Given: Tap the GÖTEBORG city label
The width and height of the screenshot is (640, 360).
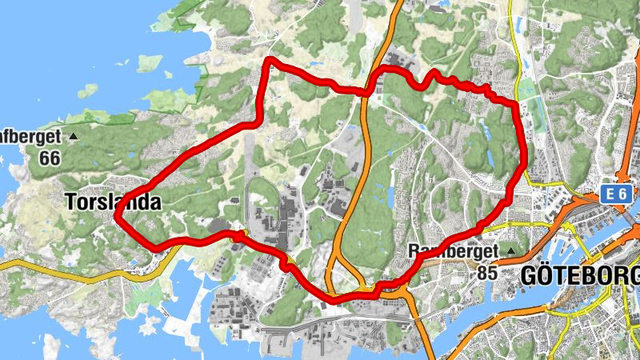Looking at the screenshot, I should [579, 276].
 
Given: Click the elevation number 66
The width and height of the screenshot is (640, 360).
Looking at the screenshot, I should [49, 158].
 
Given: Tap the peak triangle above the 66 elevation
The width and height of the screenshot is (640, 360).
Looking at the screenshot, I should [74, 137].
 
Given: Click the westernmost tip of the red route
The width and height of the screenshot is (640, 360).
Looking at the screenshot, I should [116, 216].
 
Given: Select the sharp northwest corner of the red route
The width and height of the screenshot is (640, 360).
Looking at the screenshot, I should [270, 61].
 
